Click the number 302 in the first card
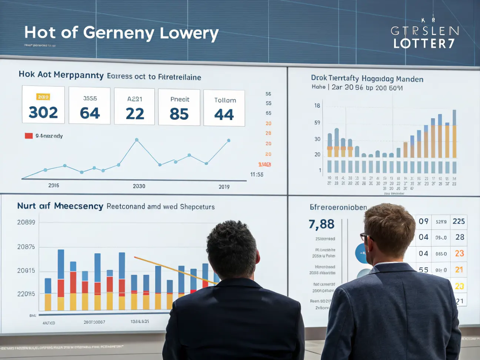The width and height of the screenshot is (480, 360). (43, 113)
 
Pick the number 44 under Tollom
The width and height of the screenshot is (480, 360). (224, 115)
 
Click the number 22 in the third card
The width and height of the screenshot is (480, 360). (135, 114)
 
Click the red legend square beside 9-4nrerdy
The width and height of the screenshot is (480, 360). (29, 136)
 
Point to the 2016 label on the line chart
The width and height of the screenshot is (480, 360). (54, 185)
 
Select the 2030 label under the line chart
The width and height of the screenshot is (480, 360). (139, 186)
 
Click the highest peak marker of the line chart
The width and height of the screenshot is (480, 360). (137, 140)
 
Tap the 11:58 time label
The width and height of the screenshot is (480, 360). (257, 174)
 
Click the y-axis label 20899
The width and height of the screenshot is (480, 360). (26, 222)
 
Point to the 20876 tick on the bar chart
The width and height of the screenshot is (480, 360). (26, 247)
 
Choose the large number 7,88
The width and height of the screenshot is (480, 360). (321, 224)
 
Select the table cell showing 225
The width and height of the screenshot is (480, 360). (459, 221)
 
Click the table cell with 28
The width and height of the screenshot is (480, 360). (460, 237)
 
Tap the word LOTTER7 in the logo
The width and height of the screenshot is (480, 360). (424, 44)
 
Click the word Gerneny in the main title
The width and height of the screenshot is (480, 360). (119, 33)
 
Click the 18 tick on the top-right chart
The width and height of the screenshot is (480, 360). (317, 106)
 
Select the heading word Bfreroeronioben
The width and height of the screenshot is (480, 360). (338, 207)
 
